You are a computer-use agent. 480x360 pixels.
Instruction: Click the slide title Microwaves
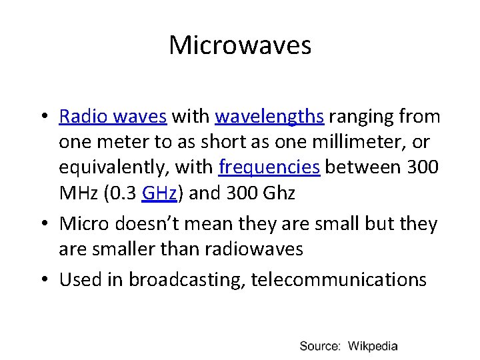(x=240, y=45)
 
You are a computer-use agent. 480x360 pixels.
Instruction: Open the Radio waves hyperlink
(x=113, y=117)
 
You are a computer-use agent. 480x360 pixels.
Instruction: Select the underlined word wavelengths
(x=270, y=117)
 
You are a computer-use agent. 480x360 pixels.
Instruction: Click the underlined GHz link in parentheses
(x=159, y=193)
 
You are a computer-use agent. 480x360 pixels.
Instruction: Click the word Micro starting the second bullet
(x=81, y=224)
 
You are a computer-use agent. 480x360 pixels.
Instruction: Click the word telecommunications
(x=339, y=279)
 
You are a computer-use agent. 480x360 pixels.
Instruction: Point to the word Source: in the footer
(x=320, y=346)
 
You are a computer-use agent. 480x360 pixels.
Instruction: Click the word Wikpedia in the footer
(x=373, y=346)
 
